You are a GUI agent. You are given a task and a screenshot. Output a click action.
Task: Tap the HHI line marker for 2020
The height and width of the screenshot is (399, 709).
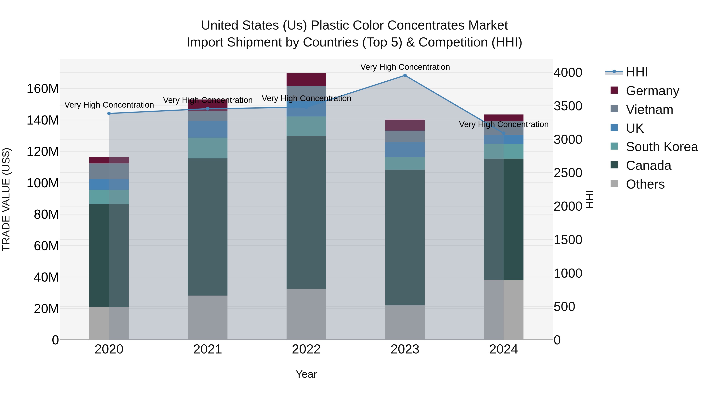click(109, 113)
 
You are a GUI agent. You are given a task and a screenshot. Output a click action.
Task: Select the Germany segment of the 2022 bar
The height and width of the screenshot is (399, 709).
click(306, 80)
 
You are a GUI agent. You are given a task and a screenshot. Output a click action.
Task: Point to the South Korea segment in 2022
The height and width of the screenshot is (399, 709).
click(306, 126)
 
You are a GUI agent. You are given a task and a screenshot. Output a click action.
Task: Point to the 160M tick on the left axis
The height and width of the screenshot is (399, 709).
click(43, 89)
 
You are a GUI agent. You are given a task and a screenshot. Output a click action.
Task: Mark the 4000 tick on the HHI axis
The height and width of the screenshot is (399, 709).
click(568, 73)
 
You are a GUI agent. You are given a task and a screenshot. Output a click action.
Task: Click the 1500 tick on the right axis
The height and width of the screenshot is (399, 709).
click(568, 240)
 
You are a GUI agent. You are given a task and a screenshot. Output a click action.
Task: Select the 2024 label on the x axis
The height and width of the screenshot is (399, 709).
click(503, 349)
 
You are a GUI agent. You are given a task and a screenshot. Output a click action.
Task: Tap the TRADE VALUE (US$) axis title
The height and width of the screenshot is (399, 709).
click(6, 199)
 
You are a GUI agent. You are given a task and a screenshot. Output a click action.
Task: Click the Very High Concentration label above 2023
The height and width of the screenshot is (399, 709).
click(405, 67)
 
